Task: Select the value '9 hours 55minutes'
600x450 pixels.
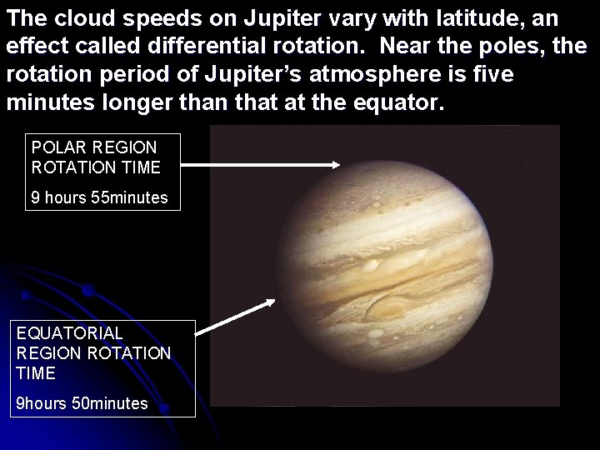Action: (x=99, y=198)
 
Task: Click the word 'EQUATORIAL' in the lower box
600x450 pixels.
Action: (x=69, y=333)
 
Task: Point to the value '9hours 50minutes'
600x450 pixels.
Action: (x=82, y=404)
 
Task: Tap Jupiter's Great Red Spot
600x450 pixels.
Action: (x=390, y=311)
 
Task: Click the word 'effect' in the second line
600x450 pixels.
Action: (x=33, y=46)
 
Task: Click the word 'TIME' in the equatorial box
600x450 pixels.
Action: (x=36, y=372)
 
